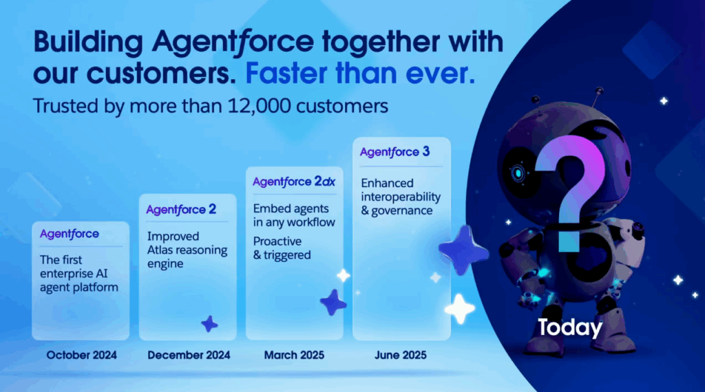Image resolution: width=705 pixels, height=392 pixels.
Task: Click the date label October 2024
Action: coord(81,355)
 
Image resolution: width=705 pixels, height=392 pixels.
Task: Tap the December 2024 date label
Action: coord(189,355)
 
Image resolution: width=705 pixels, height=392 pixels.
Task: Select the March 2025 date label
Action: coord(294,355)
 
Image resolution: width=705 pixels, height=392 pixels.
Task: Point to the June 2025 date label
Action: coord(401,355)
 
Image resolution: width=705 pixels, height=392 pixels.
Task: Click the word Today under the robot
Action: coord(569,328)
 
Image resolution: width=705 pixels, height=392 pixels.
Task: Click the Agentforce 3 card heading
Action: coord(394,152)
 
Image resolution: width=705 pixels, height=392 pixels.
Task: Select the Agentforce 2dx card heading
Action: coord(294,182)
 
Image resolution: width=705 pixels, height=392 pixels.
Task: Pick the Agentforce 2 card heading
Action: coord(181,210)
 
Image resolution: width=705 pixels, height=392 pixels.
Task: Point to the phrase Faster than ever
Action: coord(360,73)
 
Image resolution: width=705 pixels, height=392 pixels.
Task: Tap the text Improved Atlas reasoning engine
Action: coord(187,250)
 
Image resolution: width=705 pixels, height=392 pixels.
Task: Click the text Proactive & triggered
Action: coord(282,248)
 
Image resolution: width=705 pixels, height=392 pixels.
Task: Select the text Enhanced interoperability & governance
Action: coord(401,197)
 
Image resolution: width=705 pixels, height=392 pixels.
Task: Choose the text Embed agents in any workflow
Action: coord(294,215)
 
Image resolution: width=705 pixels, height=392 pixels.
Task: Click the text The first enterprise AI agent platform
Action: coord(79,274)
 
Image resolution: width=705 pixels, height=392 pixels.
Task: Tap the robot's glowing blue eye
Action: coord(518,173)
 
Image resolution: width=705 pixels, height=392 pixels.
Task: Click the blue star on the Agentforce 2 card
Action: coord(209,324)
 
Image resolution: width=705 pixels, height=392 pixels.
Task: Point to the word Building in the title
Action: coord(88,43)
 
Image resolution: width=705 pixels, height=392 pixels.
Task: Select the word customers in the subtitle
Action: coord(342,107)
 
